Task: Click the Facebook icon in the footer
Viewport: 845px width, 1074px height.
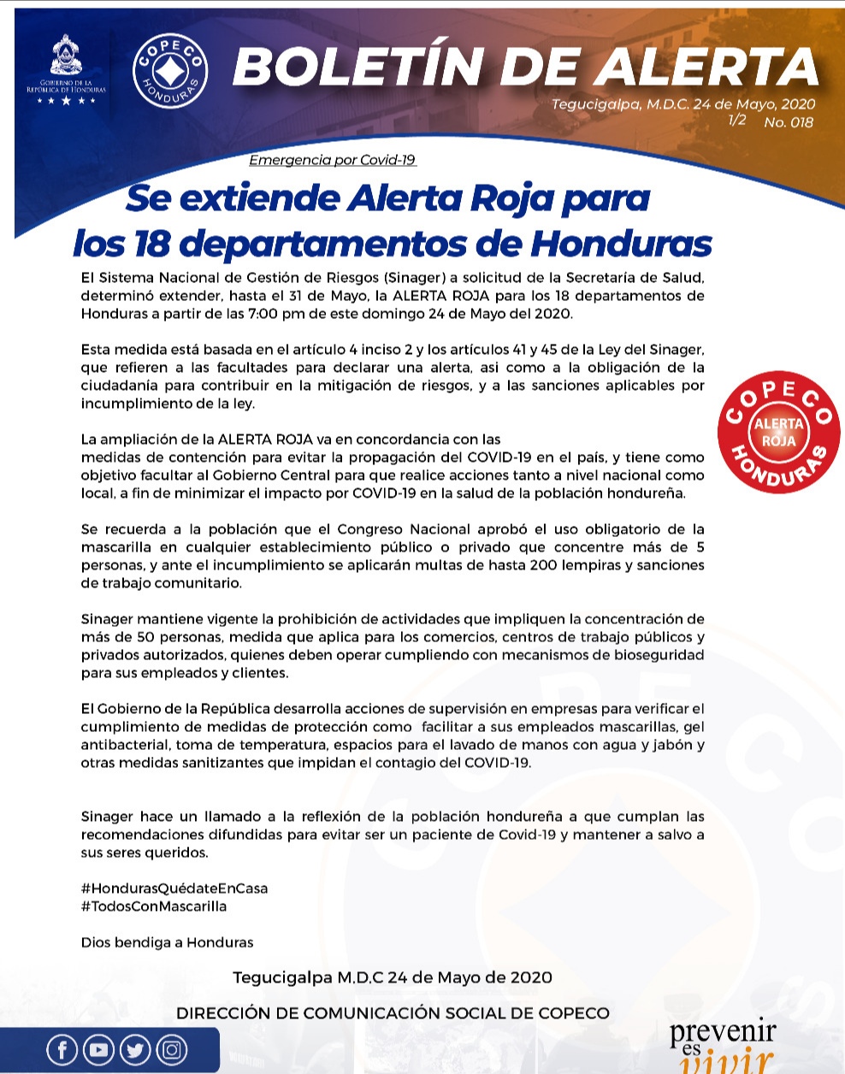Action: (62, 1049)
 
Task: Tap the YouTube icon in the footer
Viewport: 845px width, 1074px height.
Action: (98, 1049)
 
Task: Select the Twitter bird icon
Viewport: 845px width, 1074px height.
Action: (135, 1049)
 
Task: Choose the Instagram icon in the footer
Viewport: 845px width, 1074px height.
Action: (172, 1049)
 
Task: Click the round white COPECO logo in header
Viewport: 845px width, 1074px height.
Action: (170, 71)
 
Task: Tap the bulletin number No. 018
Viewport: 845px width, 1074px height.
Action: (789, 122)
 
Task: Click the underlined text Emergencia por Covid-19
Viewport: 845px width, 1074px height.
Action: (333, 160)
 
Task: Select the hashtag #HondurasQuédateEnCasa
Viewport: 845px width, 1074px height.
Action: (174, 888)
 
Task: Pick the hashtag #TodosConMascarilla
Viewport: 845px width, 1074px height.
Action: (154, 906)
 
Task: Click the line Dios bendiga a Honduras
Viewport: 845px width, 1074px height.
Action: (167, 942)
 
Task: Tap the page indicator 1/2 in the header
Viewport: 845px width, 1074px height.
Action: (736, 120)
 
